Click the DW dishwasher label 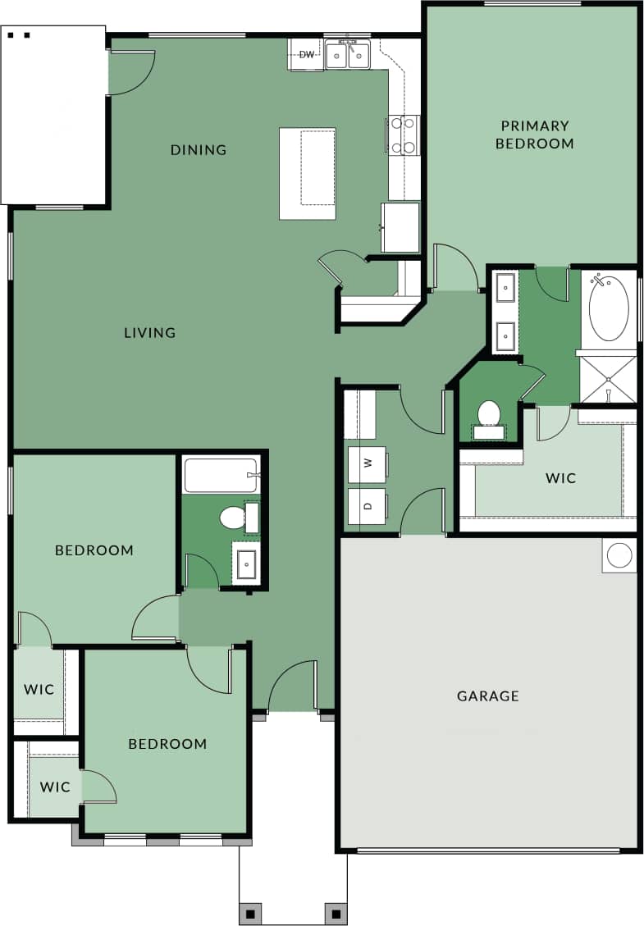point(307,55)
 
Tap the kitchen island point(308,173)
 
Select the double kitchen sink point(348,56)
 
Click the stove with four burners point(403,135)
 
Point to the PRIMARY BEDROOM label point(534,135)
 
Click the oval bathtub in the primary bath point(609,308)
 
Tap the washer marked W point(367,463)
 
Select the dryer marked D point(367,506)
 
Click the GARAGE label point(488,696)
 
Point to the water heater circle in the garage point(619,555)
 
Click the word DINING point(199,149)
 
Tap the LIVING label point(150,332)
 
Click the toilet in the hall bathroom point(235,518)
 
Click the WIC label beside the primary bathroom point(561,477)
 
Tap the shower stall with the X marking point(609,379)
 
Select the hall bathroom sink point(246,563)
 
